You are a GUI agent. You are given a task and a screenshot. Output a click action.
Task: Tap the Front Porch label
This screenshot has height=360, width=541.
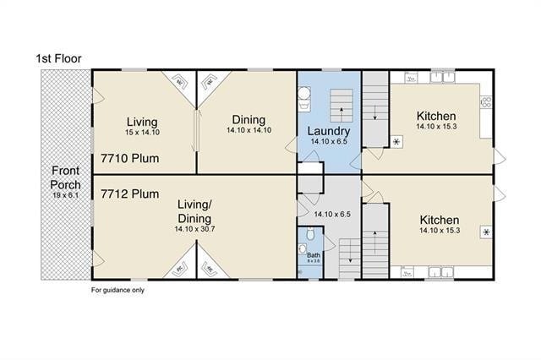click(65, 177)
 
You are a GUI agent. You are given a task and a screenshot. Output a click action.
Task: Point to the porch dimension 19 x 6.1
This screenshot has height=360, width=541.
click(65, 196)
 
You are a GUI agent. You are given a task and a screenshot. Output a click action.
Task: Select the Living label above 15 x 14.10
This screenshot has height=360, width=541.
click(143, 120)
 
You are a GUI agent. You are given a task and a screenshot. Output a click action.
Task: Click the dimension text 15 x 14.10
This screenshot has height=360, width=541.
click(143, 132)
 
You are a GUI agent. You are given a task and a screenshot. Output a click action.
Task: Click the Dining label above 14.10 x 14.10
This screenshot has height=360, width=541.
click(248, 120)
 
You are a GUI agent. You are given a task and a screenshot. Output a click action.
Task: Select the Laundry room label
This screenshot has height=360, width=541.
click(329, 131)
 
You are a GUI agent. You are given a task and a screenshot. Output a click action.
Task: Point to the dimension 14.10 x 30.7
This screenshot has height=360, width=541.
click(195, 228)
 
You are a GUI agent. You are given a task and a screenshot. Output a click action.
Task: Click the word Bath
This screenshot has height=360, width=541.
click(313, 254)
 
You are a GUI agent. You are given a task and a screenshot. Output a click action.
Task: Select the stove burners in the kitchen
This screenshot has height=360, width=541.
click(486, 103)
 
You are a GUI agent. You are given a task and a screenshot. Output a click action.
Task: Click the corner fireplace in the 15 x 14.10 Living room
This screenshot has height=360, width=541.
click(181, 82)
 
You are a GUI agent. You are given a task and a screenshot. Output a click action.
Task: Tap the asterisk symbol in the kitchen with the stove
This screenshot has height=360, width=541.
click(396, 141)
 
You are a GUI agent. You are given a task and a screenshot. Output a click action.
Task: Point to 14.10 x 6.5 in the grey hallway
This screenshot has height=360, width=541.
click(331, 215)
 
